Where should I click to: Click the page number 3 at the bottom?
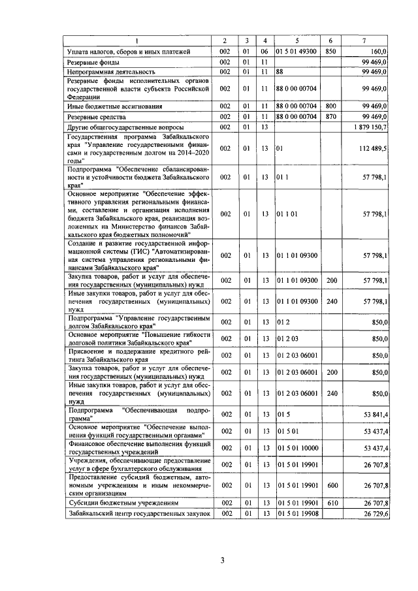click(x=222, y=560)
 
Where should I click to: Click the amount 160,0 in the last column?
click(x=379, y=50)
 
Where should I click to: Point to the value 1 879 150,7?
click(x=370, y=126)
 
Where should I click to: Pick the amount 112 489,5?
click(x=370, y=149)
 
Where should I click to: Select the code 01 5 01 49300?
click(x=296, y=50)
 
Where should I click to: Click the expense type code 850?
click(x=330, y=50)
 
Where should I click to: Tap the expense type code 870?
click(x=330, y=116)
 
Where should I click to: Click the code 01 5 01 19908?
click(x=296, y=514)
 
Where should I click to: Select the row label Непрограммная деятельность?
click(x=111, y=71)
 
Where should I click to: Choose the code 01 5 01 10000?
click(x=296, y=447)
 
